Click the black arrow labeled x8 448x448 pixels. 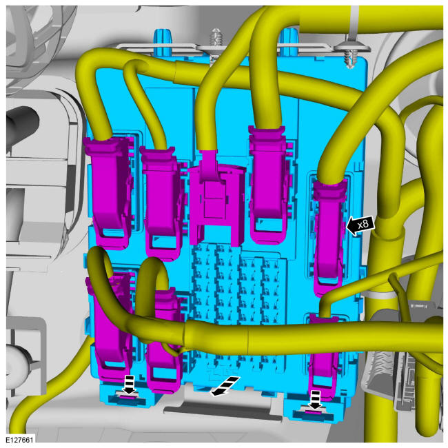[x=360, y=225]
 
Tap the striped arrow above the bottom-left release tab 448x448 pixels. [x=129, y=385]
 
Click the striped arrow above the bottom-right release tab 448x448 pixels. [x=314, y=400]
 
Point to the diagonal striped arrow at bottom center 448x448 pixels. [x=225, y=386]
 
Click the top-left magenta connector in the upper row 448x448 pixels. [x=110, y=191]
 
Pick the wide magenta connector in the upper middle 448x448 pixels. [x=216, y=197]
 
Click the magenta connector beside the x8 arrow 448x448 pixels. [x=329, y=237]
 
